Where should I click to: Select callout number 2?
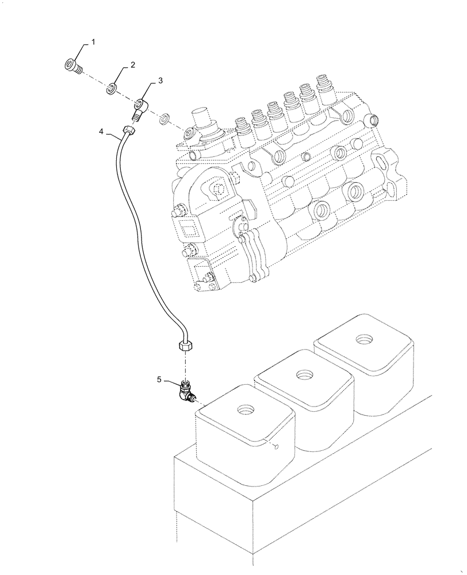coord(132,66)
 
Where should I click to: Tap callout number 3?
coord(160,81)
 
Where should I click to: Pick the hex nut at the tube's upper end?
coord(129,131)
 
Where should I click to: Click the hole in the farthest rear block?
coord(363,341)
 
